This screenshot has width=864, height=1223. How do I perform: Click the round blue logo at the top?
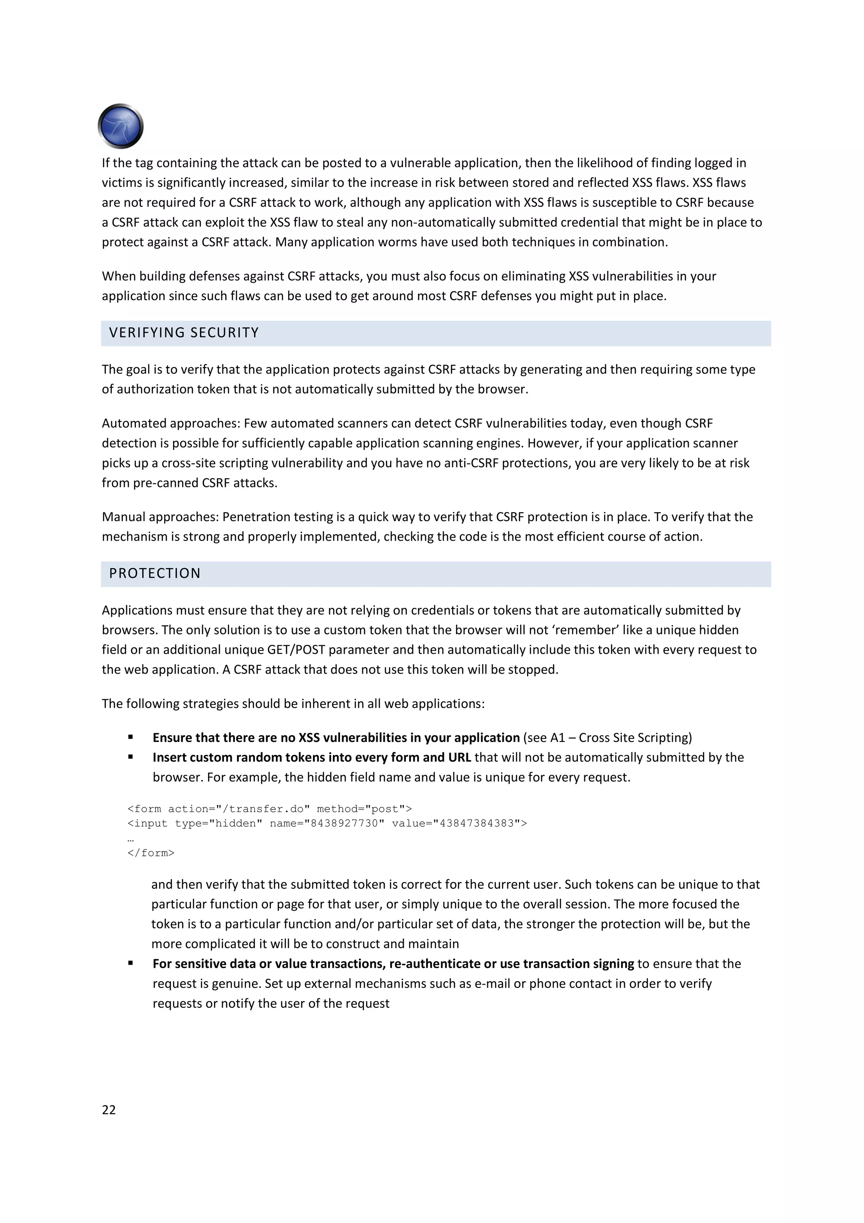click(121, 126)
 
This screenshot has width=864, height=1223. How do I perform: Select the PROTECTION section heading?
click(155, 574)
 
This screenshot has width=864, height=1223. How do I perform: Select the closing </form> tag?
click(151, 853)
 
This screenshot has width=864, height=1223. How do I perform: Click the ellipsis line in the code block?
click(130, 839)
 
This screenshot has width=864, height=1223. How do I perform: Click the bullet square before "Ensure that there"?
click(130, 737)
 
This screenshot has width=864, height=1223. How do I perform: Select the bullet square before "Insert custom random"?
click(130, 757)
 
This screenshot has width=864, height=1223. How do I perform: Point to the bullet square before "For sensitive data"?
click(130, 963)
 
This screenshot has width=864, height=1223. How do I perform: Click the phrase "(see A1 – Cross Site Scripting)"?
click(607, 738)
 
